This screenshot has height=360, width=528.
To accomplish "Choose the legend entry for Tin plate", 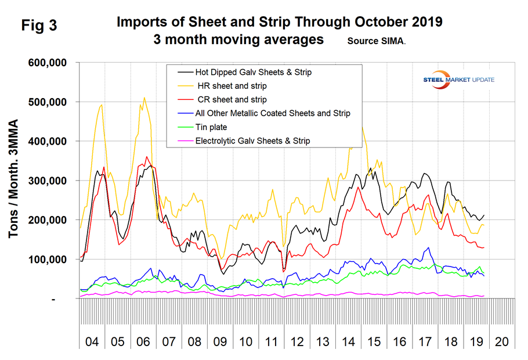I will coord(212,127).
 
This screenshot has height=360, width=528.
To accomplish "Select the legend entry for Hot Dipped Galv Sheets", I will coord(254,73).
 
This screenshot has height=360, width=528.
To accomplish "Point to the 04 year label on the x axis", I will coord(92,340).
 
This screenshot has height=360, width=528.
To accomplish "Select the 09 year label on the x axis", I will coord(220,340).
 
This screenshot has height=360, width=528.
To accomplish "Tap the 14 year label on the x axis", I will coord(349,340).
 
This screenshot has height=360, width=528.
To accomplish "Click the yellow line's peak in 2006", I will coord(144,98).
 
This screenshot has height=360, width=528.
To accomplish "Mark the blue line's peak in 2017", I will coord(428,248).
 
